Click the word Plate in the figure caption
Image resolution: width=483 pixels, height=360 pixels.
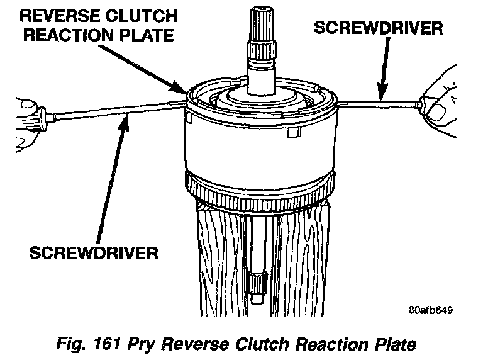393,344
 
